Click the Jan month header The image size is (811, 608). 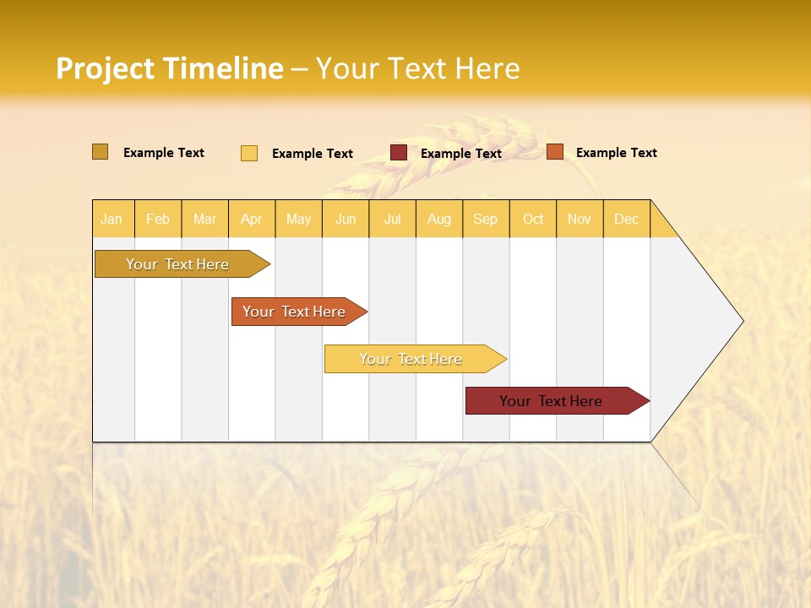click(x=112, y=219)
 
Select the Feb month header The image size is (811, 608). click(x=158, y=219)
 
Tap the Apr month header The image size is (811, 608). click(x=251, y=219)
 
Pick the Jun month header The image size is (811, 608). click(x=346, y=219)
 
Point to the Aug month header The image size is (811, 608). click(x=438, y=219)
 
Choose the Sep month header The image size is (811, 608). click(x=485, y=219)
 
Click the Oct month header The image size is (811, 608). click(x=533, y=219)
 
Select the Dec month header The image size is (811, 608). click(x=626, y=219)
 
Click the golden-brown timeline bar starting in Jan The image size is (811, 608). click(x=178, y=264)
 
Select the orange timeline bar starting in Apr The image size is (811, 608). click(x=295, y=312)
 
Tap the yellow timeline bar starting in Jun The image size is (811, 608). click(x=411, y=359)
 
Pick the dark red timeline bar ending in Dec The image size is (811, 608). click(x=552, y=401)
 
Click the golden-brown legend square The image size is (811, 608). click(x=100, y=152)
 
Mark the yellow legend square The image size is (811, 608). click(x=249, y=153)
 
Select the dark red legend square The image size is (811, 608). click(x=399, y=153)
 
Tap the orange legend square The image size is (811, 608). click(x=555, y=152)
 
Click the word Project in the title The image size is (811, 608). click(x=105, y=68)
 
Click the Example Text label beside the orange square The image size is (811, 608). click(x=616, y=153)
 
